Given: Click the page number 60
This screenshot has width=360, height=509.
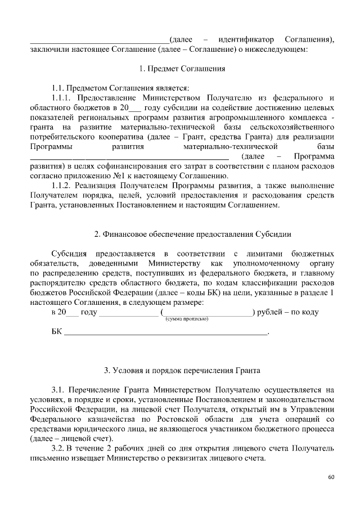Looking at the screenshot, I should tap(331, 478).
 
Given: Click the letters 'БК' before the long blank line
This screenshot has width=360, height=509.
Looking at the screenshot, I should tap(56, 332).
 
